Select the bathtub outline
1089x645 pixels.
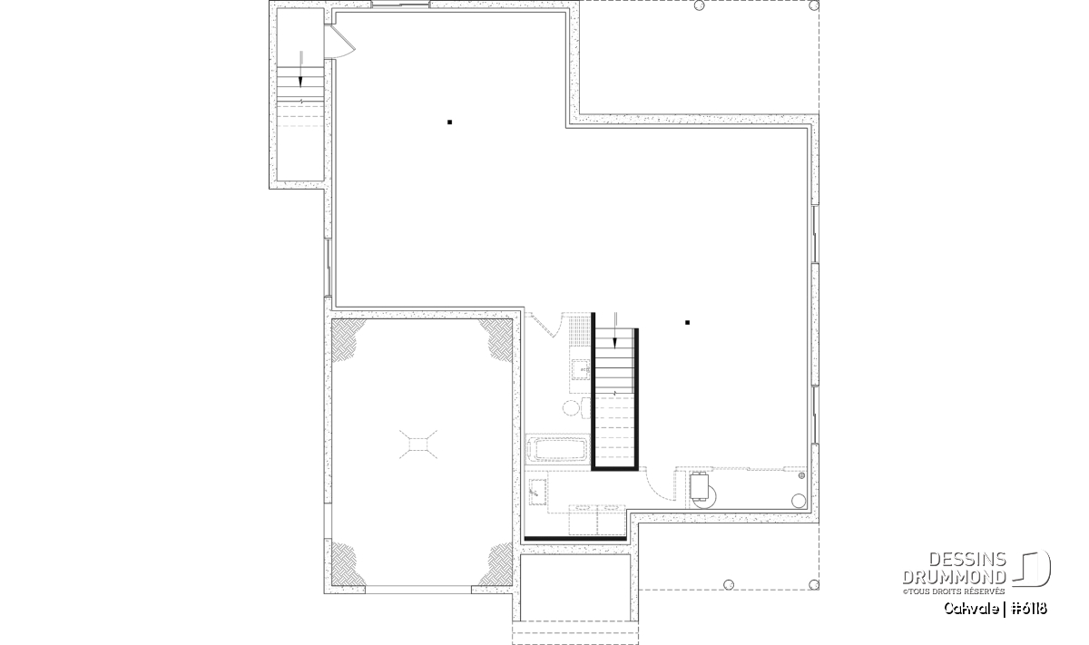tap(558, 449)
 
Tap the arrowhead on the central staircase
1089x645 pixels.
tap(615, 343)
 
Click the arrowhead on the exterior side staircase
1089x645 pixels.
tap(300, 82)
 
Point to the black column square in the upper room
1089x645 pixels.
tap(450, 122)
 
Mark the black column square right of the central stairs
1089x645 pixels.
tap(688, 322)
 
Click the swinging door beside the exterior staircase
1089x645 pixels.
tap(340, 42)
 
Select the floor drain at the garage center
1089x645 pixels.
tap(418, 445)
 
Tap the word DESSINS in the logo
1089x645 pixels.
tap(967, 560)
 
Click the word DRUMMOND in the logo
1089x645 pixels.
tap(955, 577)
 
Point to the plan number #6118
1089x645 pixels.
tap(1029, 608)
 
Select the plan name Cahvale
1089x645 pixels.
tap(971, 608)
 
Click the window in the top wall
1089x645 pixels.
tap(400, 5)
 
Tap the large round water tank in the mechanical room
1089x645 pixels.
tap(799, 500)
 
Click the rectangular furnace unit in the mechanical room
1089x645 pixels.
tap(699, 486)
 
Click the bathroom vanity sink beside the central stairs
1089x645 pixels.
tap(581, 369)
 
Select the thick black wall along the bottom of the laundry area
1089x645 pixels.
tap(575, 539)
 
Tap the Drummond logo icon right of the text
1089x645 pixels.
tap(1031, 569)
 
